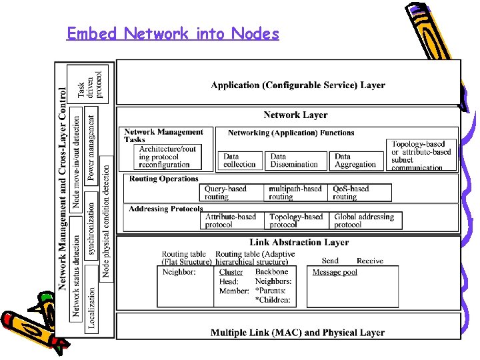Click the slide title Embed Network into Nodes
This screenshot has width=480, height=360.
tap(173, 33)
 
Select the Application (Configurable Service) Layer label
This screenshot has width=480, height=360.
tap(298, 85)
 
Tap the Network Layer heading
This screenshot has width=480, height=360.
tap(295, 115)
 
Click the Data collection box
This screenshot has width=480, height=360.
tap(240, 160)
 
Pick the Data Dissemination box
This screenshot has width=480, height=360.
tap(294, 160)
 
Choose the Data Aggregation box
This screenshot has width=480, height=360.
tap(355, 160)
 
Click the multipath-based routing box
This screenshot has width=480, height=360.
tap(295, 193)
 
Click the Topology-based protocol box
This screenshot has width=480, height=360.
tap(296, 221)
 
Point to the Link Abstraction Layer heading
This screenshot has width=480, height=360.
tap(299, 243)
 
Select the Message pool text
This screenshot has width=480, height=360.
tap(335, 273)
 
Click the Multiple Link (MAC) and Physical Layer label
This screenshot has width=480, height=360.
tap(297, 332)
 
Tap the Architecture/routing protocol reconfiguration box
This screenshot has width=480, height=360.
tap(169, 157)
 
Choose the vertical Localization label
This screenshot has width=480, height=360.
tap(91, 309)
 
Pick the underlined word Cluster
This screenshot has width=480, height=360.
tap(231, 273)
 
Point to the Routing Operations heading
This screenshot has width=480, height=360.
tap(164, 179)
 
